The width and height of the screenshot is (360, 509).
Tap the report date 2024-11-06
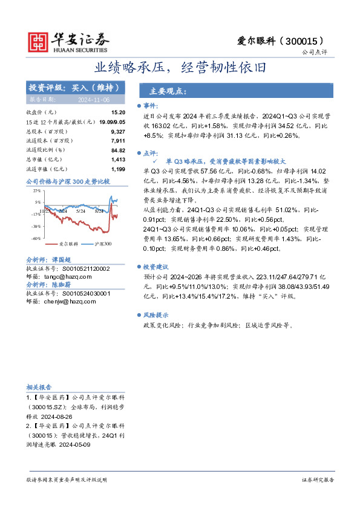(93, 99)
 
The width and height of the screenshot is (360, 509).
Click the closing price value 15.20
(118, 112)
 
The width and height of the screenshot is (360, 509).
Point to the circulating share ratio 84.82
(118, 149)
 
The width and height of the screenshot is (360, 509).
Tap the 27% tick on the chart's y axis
(37, 190)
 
